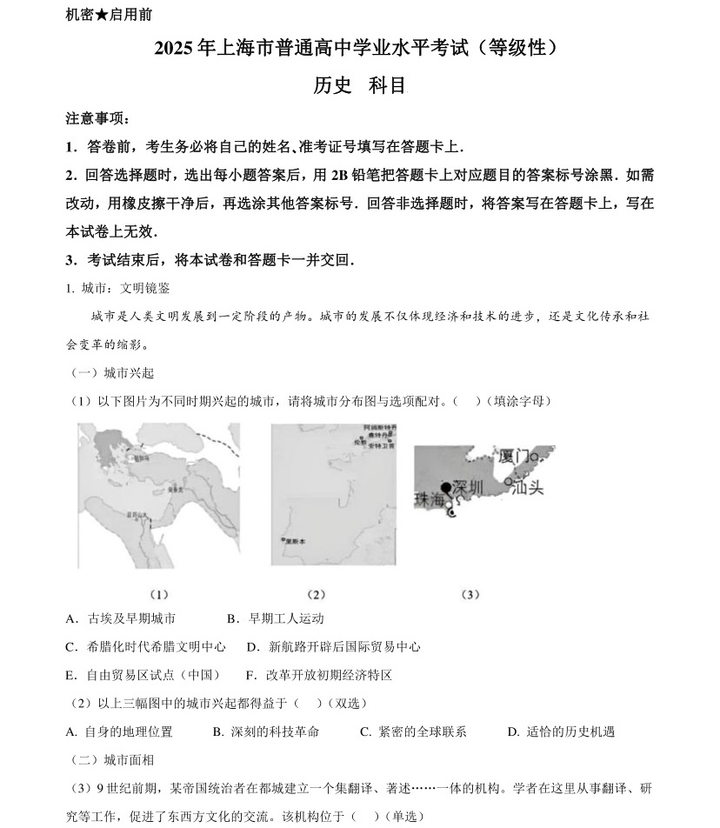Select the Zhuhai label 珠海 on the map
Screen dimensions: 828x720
tap(429, 500)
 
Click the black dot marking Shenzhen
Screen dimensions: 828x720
tap(446, 487)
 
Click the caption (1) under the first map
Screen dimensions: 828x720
tap(158, 595)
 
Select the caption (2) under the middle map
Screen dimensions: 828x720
tap(316, 595)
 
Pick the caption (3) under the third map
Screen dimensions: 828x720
tap(470, 595)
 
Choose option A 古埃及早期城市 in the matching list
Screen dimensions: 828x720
tap(121, 618)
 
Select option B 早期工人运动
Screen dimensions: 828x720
tap(275, 618)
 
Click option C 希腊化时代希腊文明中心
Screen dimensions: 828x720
tap(145, 647)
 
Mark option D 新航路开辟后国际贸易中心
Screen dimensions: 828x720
tap(334, 647)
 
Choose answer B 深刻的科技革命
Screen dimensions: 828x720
tap(265, 731)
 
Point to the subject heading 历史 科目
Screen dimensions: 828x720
tap(359, 85)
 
